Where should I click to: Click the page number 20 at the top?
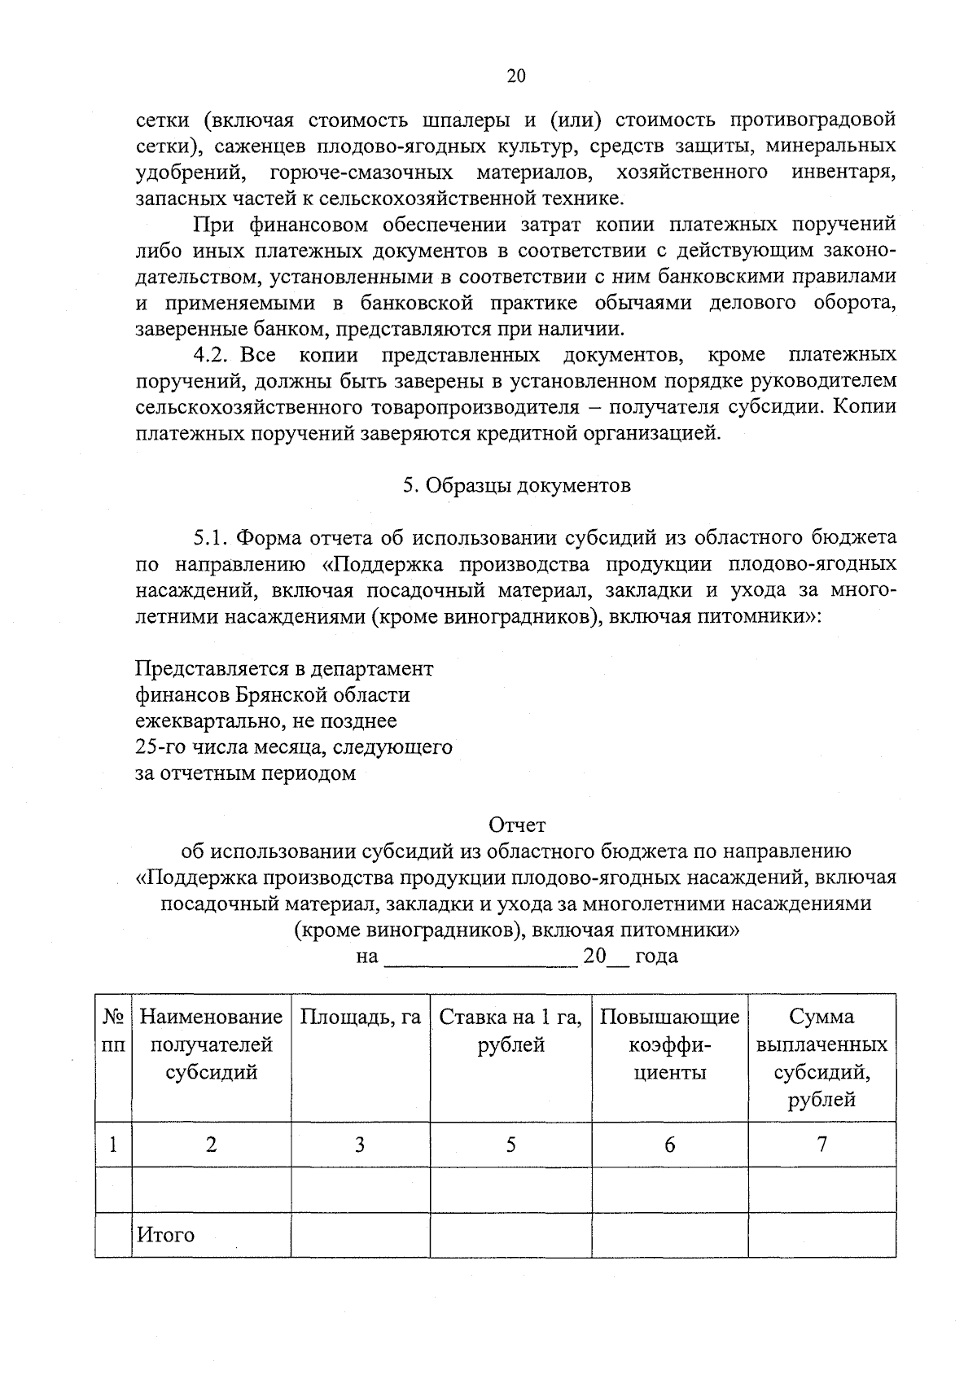click(x=516, y=76)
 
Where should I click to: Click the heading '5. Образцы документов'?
click(x=516, y=485)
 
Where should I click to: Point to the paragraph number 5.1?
click(x=214, y=537)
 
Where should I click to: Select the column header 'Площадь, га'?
click(x=360, y=1017)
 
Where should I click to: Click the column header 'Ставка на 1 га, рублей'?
click(x=510, y=1031)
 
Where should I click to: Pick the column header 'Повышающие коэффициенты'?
click(x=669, y=1044)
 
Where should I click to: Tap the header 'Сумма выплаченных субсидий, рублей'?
click(x=821, y=1057)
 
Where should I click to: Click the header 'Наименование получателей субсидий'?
click(x=212, y=1044)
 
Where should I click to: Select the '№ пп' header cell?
click(x=113, y=1031)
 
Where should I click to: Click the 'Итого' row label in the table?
click(x=165, y=1235)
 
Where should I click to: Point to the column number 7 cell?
click(x=821, y=1145)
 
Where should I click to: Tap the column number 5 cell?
click(x=510, y=1145)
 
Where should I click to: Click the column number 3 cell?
click(x=360, y=1145)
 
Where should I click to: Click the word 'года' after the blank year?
click(x=656, y=956)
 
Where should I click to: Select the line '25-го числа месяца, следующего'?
click(x=293, y=746)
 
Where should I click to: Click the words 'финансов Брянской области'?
click(x=272, y=694)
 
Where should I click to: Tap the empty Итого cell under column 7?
click(x=821, y=1235)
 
